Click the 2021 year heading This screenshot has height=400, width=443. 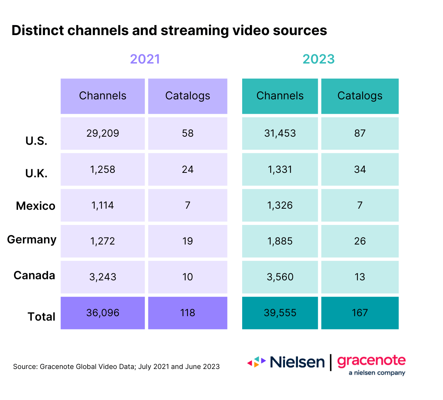tap(145, 59)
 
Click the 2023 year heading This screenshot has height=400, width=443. tap(319, 59)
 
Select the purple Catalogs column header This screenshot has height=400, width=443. tap(188, 96)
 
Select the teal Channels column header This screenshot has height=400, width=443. tap(280, 96)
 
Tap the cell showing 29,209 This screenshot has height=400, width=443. tap(103, 133)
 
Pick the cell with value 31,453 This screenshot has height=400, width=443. tap(280, 133)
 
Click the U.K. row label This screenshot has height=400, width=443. tap(36, 173)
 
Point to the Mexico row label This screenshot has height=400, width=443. tap(35, 206)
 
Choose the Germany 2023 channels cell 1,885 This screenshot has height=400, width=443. tap(280, 241)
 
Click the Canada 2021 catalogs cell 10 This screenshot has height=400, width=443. tap(188, 277)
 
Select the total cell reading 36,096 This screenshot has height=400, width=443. tap(103, 313)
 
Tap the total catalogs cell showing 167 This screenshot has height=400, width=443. tap(360, 313)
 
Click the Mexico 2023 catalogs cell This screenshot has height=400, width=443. tap(360, 205)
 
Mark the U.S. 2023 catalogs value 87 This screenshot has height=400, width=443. tap(360, 133)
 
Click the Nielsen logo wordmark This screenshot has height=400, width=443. tap(297, 362)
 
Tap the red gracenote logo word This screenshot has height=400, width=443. tap(371, 361)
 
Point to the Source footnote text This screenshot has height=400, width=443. tap(116, 367)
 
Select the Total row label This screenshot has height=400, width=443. tap(41, 317)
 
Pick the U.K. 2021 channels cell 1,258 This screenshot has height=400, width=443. tap(103, 170)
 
